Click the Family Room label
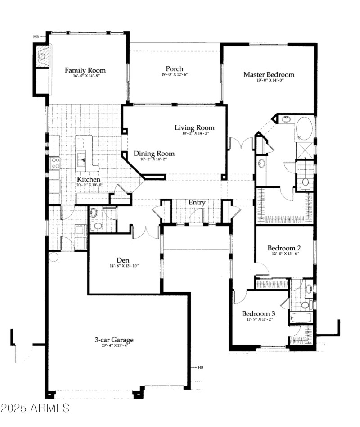point(85,70)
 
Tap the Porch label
point(174,68)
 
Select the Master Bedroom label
point(269,74)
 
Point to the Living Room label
point(194,128)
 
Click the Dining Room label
point(154,154)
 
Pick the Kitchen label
point(88,179)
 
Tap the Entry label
point(197,203)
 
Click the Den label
point(124,260)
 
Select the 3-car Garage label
point(114,340)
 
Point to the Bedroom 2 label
point(284,248)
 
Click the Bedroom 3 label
point(259,313)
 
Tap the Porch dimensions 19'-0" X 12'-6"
point(174,75)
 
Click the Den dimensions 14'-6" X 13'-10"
point(124,266)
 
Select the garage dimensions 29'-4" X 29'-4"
point(114,346)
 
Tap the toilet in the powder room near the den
point(97,225)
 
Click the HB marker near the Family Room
point(36,37)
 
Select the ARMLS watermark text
point(35,408)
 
